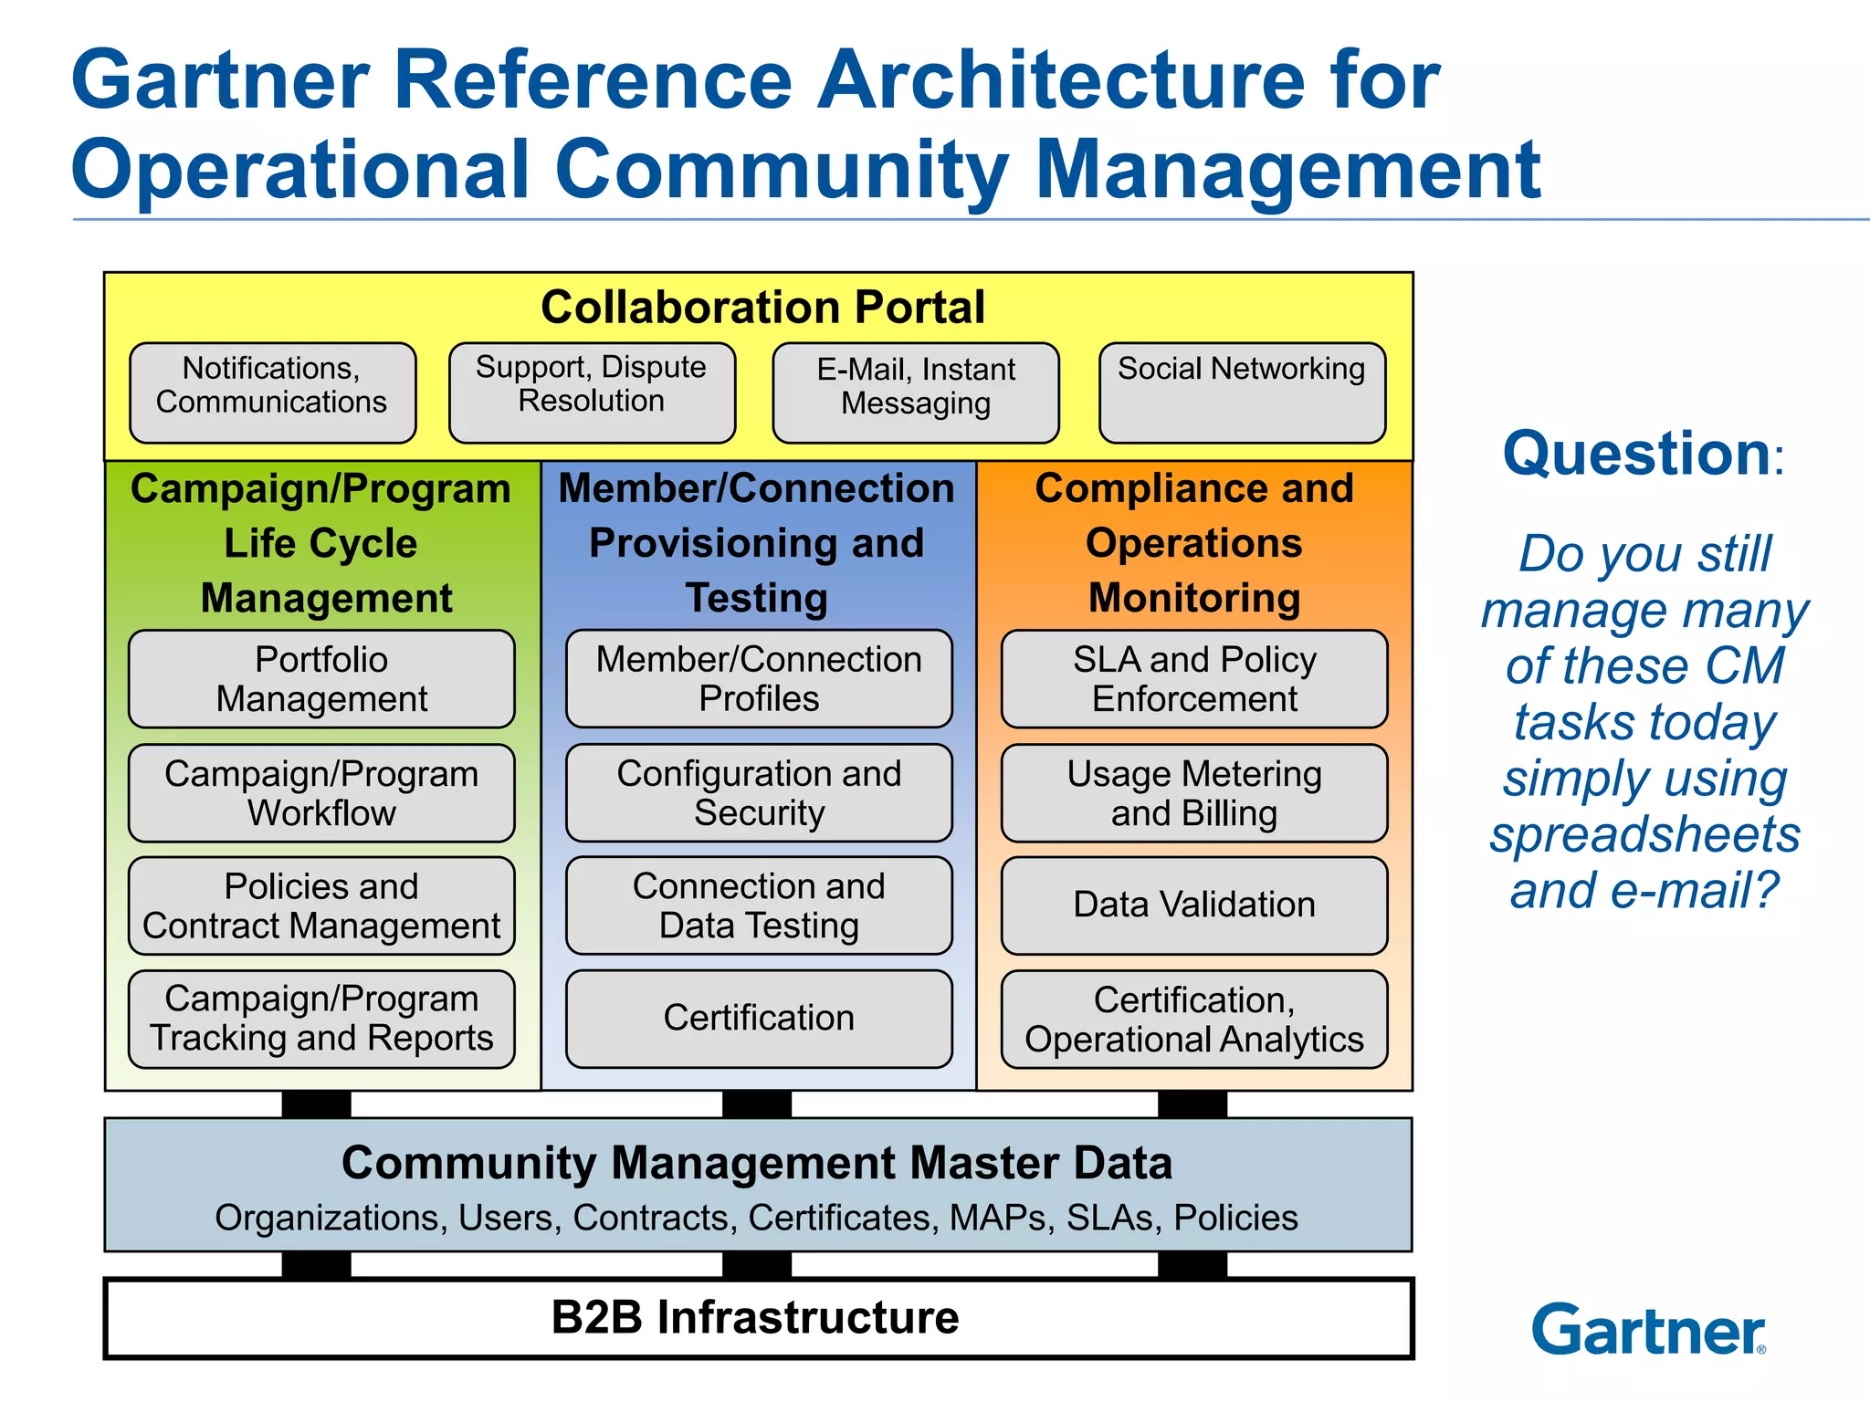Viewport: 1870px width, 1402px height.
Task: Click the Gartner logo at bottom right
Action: pyautogui.click(x=1647, y=1330)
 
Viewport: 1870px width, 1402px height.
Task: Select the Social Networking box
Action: pyautogui.click(x=1242, y=392)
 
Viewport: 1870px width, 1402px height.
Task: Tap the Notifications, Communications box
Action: pyautogui.click(x=272, y=392)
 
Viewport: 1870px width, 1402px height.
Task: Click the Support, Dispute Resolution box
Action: pyautogui.click(x=592, y=392)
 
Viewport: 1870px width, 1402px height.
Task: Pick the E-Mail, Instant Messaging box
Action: pyautogui.click(x=916, y=392)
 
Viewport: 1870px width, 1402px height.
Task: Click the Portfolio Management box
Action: pyautogui.click(x=321, y=678)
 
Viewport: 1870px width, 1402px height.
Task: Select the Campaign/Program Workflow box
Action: pyautogui.click(x=321, y=792)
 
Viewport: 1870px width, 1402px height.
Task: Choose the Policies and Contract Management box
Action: pyautogui.click(x=321, y=905)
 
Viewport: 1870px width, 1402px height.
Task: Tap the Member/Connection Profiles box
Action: pyautogui.click(x=759, y=678)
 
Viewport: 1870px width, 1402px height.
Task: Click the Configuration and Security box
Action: pyautogui.click(x=759, y=792)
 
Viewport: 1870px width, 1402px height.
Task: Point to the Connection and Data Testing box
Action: pyautogui.click(x=759, y=905)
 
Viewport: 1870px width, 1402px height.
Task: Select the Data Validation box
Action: pyautogui.click(x=1194, y=905)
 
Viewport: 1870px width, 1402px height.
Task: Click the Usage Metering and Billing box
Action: pyautogui.click(x=1194, y=792)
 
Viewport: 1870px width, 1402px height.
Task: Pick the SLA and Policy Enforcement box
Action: pyautogui.click(x=1194, y=678)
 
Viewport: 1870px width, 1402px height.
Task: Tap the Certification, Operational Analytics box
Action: pyautogui.click(x=1194, y=1019)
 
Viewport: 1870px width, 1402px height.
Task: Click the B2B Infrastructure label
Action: pyautogui.click(x=755, y=1317)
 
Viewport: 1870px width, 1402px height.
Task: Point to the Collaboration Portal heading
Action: pyautogui.click(x=762, y=307)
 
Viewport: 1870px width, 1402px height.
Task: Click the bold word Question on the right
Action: pyautogui.click(x=1636, y=454)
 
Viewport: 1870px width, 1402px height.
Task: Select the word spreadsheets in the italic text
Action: pyautogui.click(x=1644, y=834)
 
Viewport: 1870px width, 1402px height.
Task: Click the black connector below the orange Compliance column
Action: pyautogui.click(x=1192, y=1104)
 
